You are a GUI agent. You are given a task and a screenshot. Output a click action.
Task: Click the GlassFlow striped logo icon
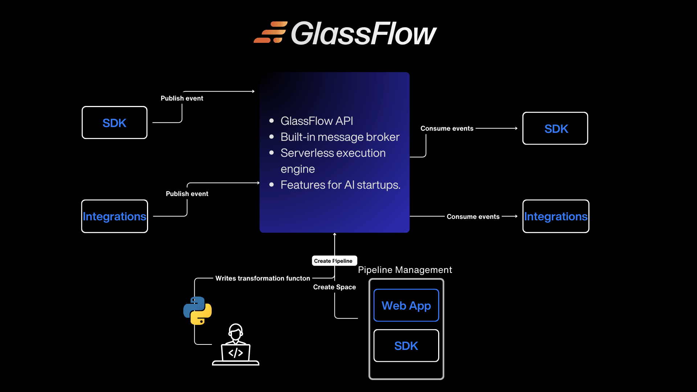pos(270,33)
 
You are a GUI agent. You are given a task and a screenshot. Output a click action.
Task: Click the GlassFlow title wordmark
pos(363,33)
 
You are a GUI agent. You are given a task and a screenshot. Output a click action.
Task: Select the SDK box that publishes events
pos(114,123)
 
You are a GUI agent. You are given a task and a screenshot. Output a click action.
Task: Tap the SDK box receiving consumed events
pos(555,128)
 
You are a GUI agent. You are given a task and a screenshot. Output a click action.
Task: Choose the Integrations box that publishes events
pos(114,216)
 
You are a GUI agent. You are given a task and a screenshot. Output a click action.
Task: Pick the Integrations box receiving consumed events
pos(555,216)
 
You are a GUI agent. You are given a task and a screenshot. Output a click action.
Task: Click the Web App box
pos(406,305)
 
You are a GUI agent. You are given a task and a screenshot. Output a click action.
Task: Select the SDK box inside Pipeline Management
pos(406,346)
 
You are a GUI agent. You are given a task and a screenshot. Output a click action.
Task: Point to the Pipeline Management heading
pos(405,270)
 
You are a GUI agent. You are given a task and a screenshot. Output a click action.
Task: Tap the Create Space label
pos(334,287)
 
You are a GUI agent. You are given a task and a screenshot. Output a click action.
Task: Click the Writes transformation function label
pos(262,278)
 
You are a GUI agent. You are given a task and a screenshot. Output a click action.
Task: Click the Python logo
pos(197,311)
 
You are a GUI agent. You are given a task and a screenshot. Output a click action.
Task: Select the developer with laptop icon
pos(236,345)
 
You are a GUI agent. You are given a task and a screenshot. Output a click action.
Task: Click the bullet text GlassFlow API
pos(317,121)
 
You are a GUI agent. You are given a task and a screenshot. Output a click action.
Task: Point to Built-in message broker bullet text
pos(340,137)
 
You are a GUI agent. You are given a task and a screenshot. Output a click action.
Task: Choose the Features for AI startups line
pos(340,185)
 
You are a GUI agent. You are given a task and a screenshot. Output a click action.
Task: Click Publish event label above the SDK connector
pos(182,98)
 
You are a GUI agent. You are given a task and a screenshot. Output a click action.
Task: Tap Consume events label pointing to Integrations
pos(473,217)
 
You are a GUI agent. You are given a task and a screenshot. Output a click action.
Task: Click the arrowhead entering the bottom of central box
pos(335,234)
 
